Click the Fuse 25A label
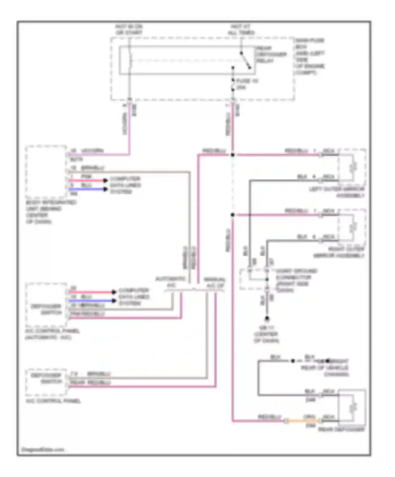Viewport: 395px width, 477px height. click(x=246, y=84)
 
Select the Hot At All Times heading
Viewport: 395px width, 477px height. click(x=241, y=29)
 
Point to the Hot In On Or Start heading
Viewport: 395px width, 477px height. click(x=129, y=29)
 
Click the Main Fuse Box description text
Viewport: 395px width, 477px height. click(x=310, y=56)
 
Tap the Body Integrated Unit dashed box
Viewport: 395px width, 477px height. click(x=46, y=171)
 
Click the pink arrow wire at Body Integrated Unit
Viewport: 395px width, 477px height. click(x=87, y=180)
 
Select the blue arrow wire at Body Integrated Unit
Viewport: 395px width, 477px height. click(x=87, y=189)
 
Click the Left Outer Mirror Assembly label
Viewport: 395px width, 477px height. click(x=337, y=192)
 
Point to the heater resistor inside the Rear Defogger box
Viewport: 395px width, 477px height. click(x=353, y=407)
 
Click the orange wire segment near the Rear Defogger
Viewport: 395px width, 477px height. click(x=303, y=421)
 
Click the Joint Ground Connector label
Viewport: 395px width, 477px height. click(x=296, y=280)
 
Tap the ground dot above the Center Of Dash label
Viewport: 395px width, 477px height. click(x=267, y=319)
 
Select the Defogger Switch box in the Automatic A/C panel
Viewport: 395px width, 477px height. click(x=46, y=305)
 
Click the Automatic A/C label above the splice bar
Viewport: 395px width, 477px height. click(x=171, y=282)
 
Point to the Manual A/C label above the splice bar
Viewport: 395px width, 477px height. click(x=214, y=282)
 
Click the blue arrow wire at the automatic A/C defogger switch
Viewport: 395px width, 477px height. click(x=91, y=301)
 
